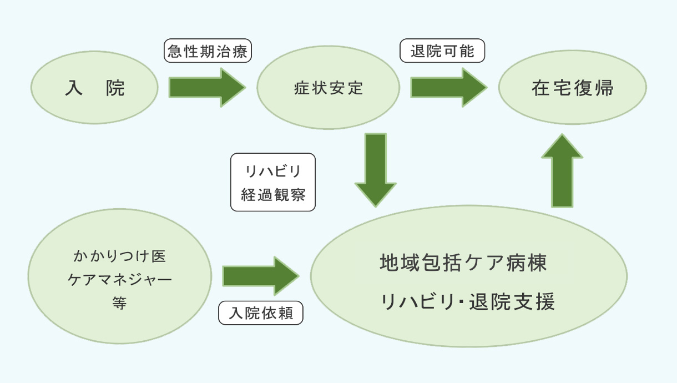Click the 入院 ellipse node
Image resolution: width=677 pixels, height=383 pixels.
[x=94, y=88]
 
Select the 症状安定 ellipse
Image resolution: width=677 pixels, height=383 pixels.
[x=329, y=88]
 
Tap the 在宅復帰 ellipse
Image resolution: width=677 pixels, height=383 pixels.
[x=572, y=88]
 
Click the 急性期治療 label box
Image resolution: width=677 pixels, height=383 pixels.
[x=209, y=52]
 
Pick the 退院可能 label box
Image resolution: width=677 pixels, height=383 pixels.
[x=442, y=52]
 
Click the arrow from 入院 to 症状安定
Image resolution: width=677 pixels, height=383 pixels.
[x=207, y=88]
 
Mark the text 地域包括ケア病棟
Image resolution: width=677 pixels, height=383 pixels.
[x=463, y=263]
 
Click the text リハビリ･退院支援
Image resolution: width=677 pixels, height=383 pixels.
[x=467, y=302]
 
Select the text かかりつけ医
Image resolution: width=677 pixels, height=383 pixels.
[x=120, y=256]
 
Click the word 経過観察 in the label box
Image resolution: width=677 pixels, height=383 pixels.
[x=273, y=195]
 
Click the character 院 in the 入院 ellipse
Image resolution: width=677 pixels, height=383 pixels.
[x=115, y=88]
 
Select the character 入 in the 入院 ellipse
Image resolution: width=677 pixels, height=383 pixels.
[x=74, y=88]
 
